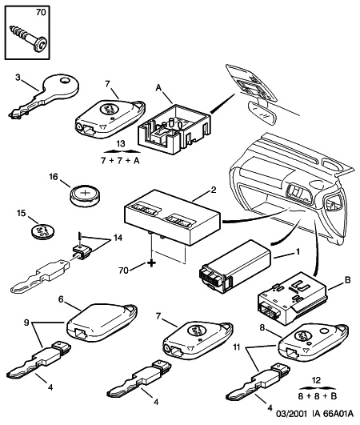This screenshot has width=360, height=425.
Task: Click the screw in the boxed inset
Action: pyautogui.click(x=29, y=38)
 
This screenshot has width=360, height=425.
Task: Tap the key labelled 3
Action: pyautogui.click(x=44, y=96)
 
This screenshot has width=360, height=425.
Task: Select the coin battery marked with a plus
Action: pyautogui.click(x=85, y=195)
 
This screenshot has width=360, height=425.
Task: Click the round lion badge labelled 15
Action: pyautogui.click(x=42, y=231)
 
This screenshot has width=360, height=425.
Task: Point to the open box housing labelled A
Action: pyautogui.click(x=174, y=129)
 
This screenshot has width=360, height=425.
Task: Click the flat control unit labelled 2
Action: pyautogui.click(x=171, y=217)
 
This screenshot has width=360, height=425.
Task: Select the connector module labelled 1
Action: pyautogui.click(x=235, y=267)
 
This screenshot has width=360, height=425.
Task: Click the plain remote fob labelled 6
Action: pyautogui.click(x=102, y=322)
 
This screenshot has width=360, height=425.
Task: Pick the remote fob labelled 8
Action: pyautogui.click(x=314, y=342)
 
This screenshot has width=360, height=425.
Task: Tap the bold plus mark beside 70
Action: pyautogui.click(x=152, y=263)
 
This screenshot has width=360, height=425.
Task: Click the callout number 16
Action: pyautogui.click(x=54, y=177)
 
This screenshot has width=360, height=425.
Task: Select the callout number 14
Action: pyautogui.click(x=118, y=238)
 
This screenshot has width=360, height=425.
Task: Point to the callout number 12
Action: pyautogui.click(x=316, y=380)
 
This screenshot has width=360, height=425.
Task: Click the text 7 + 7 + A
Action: pyautogui.click(x=120, y=160)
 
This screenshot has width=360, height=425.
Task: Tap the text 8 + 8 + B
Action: pyautogui.click(x=318, y=396)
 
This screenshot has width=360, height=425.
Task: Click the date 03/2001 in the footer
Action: pyautogui.click(x=291, y=414)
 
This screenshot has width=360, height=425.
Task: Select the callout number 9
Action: pyautogui.click(x=26, y=323)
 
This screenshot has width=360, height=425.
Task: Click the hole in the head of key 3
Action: pyautogui.click(x=65, y=81)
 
